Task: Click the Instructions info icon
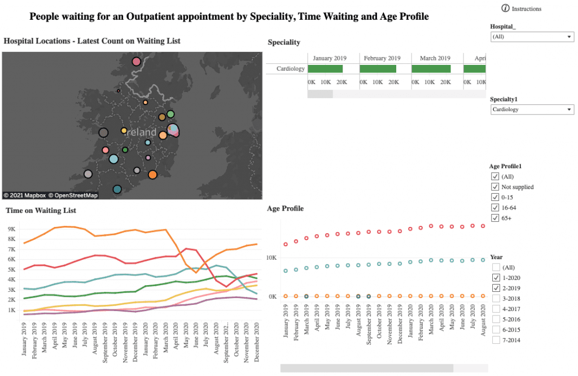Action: pos(505,8)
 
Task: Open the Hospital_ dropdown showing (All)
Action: pos(532,37)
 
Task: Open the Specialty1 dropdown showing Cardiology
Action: pos(532,110)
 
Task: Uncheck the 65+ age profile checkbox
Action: pos(496,218)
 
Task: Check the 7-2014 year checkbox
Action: pos(496,340)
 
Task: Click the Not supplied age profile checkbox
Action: pos(496,187)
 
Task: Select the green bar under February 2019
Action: pos(378,69)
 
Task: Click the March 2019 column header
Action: pos(435,58)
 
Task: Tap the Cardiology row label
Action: pos(291,69)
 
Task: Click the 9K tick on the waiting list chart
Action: pos(12,229)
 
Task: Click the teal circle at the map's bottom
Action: pos(117,190)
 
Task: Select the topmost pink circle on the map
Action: pos(136,62)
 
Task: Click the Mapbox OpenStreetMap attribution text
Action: pos(50,195)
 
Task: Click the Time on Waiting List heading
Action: pos(41,211)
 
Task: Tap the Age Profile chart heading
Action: pos(285,208)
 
